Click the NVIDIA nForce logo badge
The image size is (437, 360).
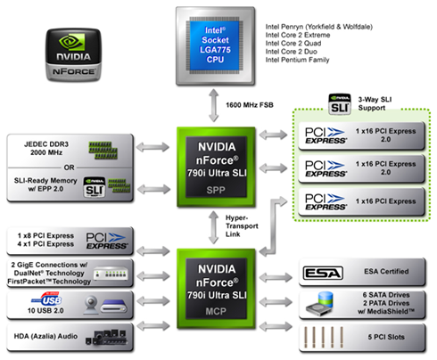(x=73, y=55)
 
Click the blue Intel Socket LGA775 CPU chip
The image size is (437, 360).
(x=215, y=45)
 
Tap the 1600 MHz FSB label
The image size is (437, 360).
(x=250, y=105)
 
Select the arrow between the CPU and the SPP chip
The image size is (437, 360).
(x=213, y=105)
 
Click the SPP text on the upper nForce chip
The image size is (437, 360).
(x=216, y=190)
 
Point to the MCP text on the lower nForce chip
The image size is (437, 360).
(x=216, y=311)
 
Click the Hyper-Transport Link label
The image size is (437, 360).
(x=242, y=226)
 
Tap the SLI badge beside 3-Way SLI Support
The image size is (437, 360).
(x=340, y=104)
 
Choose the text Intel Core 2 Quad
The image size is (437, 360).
(x=293, y=44)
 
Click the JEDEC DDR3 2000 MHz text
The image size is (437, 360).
(x=46, y=148)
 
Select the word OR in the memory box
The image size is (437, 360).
(x=70, y=168)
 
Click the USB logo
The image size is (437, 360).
(x=47, y=299)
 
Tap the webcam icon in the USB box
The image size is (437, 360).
(x=91, y=305)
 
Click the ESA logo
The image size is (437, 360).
(x=323, y=273)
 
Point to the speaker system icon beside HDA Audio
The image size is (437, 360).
(x=106, y=337)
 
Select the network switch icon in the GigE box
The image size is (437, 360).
(x=111, y=274)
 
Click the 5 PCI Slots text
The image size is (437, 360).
(x=386, y=337)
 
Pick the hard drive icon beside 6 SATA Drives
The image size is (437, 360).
(x=319, y=304)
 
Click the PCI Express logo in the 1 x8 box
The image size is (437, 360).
(x=107, y=241)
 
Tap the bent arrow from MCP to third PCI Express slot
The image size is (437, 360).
(x=273, y=226)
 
